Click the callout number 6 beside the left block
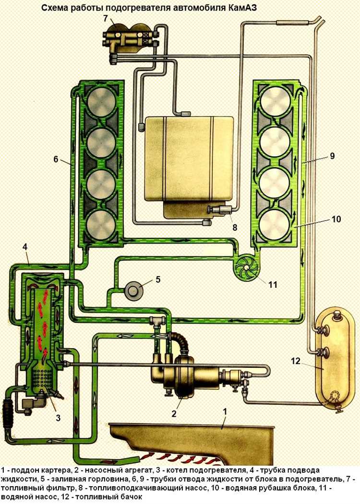click(x=56, y=160)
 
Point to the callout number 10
click(x=336, y=220)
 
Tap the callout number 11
click(x=273, y=284)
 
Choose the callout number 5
click(x=157, y=279)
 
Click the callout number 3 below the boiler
click(x=58, y=418)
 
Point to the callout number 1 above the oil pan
click(x=225, y=411)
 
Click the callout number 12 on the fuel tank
click(x=296, y=362)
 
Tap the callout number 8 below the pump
click(x=235, y=227)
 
